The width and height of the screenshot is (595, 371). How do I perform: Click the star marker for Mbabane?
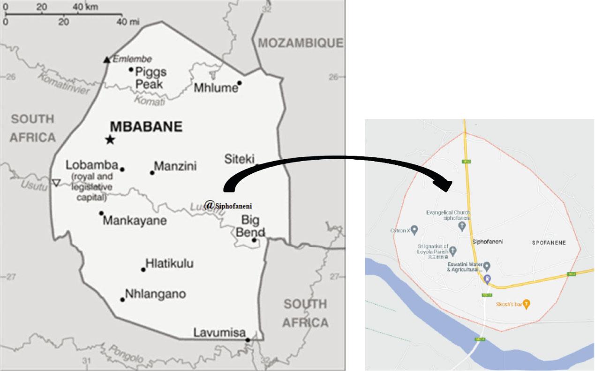point(110,139)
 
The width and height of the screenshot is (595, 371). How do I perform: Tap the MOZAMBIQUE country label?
point(301,43)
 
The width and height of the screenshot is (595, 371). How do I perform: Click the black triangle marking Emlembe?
point(107,60)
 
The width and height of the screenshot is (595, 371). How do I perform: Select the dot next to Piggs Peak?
point(131,70)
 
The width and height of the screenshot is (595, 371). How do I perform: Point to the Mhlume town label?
point(214,87)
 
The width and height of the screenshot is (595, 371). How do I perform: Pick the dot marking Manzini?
point(152,173)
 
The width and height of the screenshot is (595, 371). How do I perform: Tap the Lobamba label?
point(91,165)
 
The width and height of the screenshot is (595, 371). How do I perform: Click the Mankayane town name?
point(134,220)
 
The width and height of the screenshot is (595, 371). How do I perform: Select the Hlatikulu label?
point(169,263)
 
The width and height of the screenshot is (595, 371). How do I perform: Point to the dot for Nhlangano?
point(122,300)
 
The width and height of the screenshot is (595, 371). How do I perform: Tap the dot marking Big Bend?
point(254,240)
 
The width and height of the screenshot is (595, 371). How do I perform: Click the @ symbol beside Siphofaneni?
point(210,204)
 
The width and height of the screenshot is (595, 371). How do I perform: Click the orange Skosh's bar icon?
point(527,304)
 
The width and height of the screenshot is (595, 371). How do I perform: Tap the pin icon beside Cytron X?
point(414,230)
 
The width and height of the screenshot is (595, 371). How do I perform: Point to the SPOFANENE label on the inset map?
point(549,243)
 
